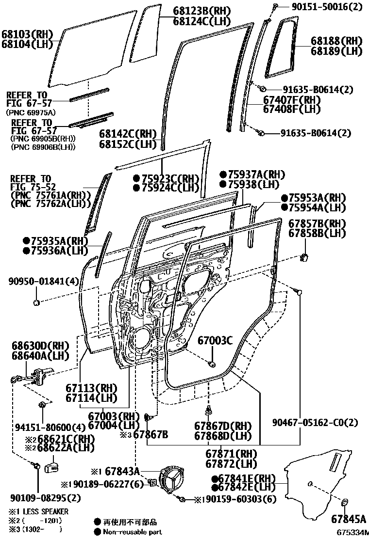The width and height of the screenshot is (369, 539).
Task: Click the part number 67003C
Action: (x=215, y=341)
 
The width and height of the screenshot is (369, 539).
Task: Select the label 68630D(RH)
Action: (x=39, y=346)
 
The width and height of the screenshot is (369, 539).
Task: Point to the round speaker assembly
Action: (x=173, y=481)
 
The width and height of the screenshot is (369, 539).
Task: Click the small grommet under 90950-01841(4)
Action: (x=36, y=303)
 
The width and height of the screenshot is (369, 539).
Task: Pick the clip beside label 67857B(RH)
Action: (x=306, y=256)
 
